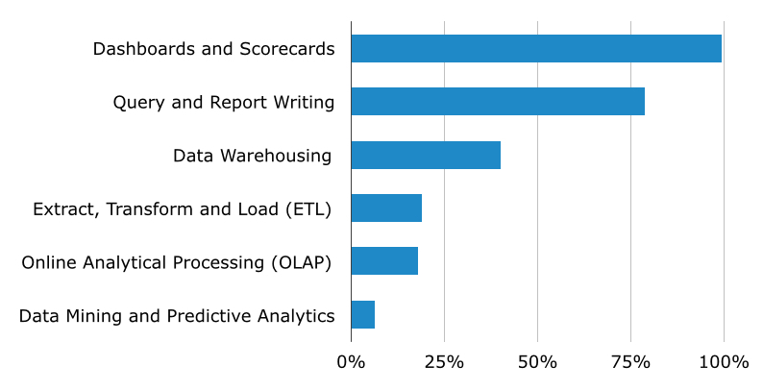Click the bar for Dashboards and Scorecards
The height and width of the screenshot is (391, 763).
click(535, 49)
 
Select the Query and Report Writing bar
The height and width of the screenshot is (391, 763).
click(497, 102)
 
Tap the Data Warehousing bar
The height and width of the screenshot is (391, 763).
click(425, 156)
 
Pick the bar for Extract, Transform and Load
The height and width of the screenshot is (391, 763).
click(385, 208)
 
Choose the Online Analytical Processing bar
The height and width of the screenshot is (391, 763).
click(383, 261)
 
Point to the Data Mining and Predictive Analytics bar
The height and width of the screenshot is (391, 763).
click(362, 315)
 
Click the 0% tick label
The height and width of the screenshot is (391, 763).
click(351, 362)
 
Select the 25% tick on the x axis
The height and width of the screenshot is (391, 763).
click(444, 362)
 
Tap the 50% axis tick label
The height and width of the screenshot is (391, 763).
click(537, 362)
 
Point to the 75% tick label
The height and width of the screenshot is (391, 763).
click(630, 362)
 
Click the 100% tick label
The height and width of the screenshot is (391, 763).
click(724, 362)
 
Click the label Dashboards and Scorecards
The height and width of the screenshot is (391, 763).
click(213, 49)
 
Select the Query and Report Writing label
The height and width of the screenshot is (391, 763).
click(223, 103)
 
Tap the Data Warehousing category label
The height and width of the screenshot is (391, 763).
click(252, 156)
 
